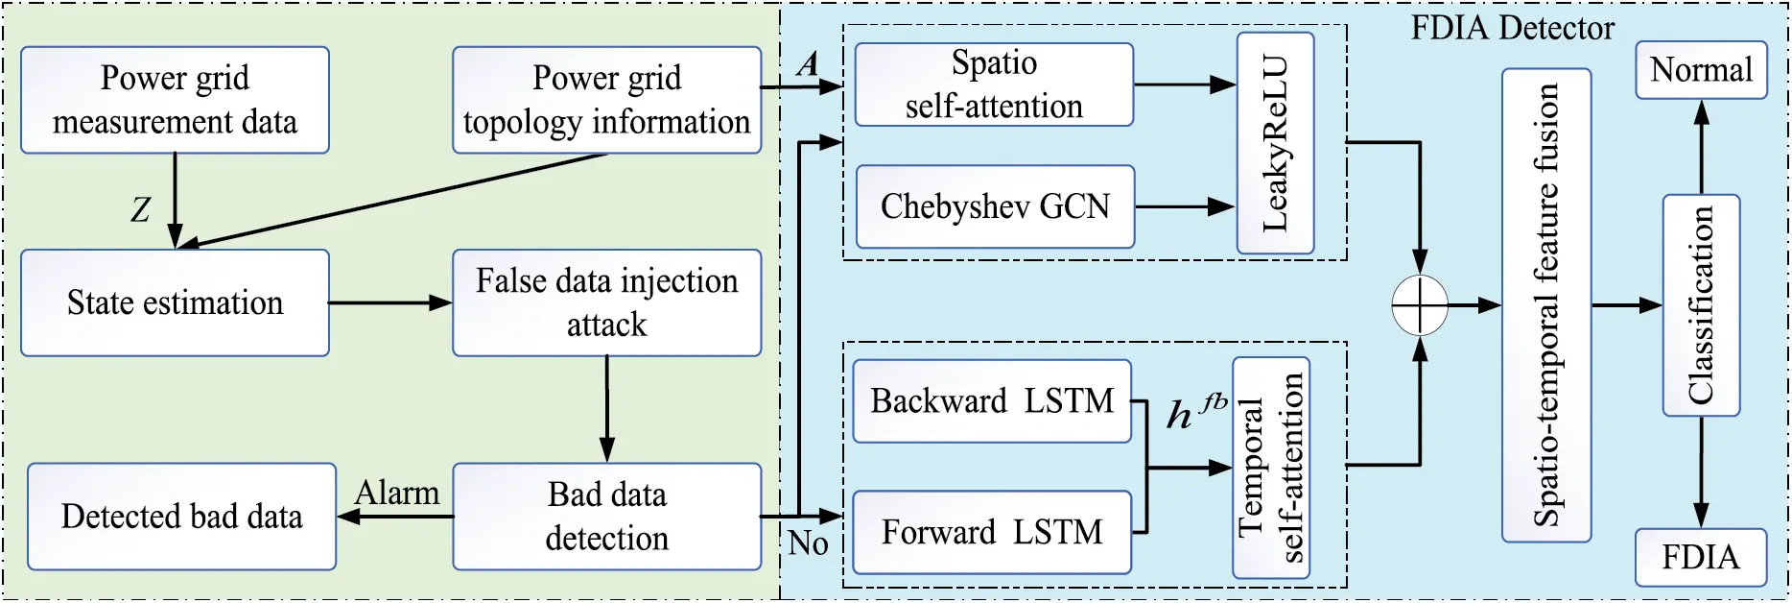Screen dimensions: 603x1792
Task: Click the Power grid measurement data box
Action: (x=175, y=100)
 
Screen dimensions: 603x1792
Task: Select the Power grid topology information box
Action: (x=606, y=100)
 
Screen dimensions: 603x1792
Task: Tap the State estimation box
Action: (x=175, y=302)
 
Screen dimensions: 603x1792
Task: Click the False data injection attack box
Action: (x=606, y=302)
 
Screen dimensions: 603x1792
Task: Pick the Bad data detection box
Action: (x=606, y=516)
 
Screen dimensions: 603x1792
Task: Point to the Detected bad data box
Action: (x=181, y=516)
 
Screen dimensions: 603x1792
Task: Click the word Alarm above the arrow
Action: (x=397, y=494)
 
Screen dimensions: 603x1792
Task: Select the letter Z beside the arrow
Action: (x=141, y=209)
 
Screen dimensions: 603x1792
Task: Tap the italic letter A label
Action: (x=808, y=65)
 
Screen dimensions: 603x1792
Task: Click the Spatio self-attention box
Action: (x=994, y=84)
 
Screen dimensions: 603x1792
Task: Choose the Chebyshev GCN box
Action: (x=994, y=206)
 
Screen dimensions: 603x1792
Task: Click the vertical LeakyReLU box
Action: (x=1275, y=143)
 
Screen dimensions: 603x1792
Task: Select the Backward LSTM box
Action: (x=992, y=400)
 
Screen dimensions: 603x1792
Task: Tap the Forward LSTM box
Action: (x=992, y=532)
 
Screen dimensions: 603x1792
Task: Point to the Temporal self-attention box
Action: (x=1271, y=468)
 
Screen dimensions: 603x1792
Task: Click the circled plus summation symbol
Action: (x=1420, y=305)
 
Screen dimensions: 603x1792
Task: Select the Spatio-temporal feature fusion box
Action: (x=1545, y=305)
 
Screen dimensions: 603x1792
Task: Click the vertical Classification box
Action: (x=1701, y=305)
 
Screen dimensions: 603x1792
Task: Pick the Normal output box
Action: (x=1701, y=70)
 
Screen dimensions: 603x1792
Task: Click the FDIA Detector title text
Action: (x=1512, y=28)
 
